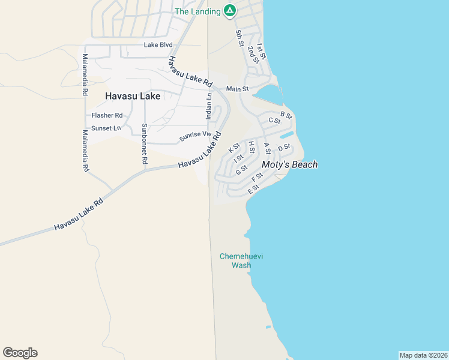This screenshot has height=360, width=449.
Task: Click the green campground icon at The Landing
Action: click(x=229, y=10)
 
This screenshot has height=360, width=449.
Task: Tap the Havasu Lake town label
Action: click(x=133, y=95)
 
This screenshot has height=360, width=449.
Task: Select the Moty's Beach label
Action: click(x=289, y=164)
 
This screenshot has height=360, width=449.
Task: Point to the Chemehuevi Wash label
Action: click(x=241, y=260)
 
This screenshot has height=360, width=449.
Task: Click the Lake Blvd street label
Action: click(x=158, y=45)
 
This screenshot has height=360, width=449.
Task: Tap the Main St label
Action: click(x=237, y=89)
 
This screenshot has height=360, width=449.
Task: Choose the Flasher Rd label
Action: click(x=107, y=115)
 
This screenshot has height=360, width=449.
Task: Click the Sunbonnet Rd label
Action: click(x=144, y=144)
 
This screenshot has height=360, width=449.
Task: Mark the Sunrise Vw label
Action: click(x=196, y=137)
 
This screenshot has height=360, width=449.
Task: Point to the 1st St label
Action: click(x=261, y=50)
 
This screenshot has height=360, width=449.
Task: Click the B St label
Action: click(x=286, y=115)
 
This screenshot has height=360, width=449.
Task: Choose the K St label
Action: click(x=234, y=148)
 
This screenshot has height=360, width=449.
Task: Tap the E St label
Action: click(x=253, y=189)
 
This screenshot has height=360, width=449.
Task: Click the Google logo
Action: click(x=20, y=353)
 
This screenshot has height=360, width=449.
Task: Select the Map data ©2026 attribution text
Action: click(x=423, y=355)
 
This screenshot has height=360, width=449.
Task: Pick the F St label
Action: click(x=257, y=178)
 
